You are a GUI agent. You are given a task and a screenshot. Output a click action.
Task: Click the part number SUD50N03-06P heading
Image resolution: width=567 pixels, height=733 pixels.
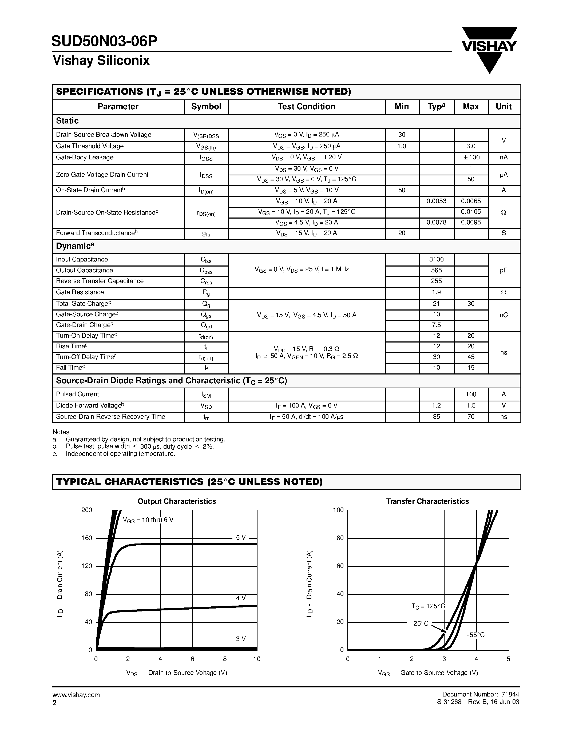(x=104, y=41)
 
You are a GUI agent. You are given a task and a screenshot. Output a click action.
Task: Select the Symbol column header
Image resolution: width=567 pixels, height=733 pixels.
(x=206, y=107)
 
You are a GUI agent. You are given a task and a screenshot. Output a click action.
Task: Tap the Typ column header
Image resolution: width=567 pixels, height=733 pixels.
(x=436, y=107)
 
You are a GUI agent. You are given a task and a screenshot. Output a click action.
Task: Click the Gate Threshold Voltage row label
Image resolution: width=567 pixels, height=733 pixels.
(x=90, y=146)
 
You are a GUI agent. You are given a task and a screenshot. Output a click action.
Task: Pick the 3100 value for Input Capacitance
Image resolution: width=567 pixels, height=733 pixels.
(x=436, y=259)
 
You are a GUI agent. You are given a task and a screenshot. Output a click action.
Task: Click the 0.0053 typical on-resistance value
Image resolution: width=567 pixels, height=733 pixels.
(x=436, y=201)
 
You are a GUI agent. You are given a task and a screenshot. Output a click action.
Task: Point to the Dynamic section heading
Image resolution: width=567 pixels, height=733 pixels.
(x=74, y=246)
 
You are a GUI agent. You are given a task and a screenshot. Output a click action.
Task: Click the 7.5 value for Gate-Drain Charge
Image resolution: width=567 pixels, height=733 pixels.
(x=436, y=325)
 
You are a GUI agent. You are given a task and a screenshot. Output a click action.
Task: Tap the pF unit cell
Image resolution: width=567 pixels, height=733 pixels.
(x=503, y=270)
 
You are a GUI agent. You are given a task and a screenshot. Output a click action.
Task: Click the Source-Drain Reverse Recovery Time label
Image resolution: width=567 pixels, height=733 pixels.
(x=110, y=417)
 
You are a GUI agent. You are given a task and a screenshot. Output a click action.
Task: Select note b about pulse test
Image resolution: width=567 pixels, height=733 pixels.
(x=139, y=446)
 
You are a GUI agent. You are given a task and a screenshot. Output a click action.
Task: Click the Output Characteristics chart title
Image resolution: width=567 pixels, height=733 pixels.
(x=177, y=501)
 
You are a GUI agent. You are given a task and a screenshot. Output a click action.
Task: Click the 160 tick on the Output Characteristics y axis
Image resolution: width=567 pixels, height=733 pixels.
(x=87, y=538)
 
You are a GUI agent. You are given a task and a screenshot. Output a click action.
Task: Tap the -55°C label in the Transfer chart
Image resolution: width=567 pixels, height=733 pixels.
(x=475, y=635)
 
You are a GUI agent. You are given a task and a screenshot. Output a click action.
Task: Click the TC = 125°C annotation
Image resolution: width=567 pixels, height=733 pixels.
(x=428, y=606)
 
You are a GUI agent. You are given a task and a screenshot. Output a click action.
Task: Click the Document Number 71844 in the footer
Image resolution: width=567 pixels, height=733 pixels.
(x=480, y=694)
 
